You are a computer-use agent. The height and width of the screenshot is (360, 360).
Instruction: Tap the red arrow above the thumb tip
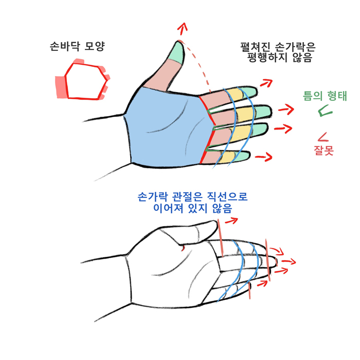click(182, 29)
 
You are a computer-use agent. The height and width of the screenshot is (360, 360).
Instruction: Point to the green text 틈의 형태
click(325, 96)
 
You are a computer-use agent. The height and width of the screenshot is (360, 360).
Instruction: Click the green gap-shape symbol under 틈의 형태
click(325, 111)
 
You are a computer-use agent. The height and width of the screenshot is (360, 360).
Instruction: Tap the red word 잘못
click(323, 150)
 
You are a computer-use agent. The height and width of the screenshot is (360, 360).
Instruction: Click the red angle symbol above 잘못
click(323, 137)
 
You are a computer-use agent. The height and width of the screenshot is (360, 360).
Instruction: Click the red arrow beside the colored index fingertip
click(266, 83)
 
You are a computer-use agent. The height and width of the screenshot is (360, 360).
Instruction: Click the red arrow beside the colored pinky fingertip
click(264, 156)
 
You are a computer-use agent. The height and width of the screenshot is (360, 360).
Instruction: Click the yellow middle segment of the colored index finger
click(236, 94)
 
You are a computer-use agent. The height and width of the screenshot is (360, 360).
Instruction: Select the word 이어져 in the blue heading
click(168, 208)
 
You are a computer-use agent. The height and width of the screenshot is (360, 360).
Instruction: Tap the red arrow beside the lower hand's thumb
click(231, 221)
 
